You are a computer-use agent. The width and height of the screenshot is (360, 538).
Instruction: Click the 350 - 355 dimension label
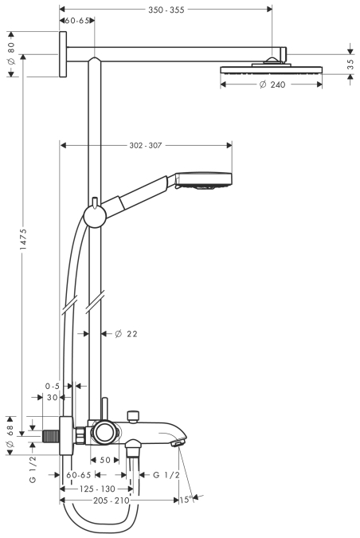pos(166,10)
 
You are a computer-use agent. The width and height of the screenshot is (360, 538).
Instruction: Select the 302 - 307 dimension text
pos(146,146)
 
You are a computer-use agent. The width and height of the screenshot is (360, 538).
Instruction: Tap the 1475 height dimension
pos(23,239)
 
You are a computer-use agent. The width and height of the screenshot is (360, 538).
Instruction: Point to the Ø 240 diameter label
pos(272,84)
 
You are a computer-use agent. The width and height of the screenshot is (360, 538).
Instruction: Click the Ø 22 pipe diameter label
pos(126,333)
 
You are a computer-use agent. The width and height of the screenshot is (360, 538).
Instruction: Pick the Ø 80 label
pos(11,53)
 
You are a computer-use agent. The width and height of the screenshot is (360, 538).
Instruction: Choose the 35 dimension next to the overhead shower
pos(350,65)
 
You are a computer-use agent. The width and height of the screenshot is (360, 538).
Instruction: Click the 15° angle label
pos(186,500)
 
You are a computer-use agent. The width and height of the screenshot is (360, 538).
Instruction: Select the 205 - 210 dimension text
pos(112,501)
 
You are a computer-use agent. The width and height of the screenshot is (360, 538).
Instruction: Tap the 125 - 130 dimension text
pos(97,489)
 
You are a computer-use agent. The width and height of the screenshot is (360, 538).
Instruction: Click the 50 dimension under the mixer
pos(105,460)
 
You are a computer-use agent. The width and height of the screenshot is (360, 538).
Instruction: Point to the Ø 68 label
pos(10,436)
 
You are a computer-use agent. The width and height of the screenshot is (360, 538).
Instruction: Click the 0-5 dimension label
pos(52,386)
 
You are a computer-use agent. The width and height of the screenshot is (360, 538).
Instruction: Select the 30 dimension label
pos(52,398)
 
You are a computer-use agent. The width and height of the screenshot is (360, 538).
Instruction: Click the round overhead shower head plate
pos(272,70)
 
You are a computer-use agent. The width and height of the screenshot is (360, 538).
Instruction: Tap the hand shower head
pos(204,180)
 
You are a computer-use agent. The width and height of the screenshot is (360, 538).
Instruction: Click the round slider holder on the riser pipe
pos(95,216)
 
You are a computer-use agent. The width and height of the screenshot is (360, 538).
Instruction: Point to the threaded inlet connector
pos(51,436)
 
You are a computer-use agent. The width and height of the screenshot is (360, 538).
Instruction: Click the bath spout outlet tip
pos(178,444)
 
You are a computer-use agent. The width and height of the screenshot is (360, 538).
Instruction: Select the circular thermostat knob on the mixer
pos(104,432)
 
